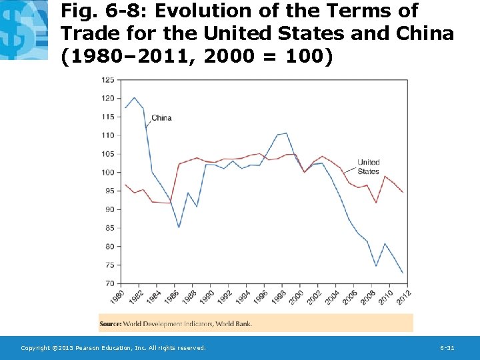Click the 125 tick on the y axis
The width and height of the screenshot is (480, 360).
[x=107, y=79]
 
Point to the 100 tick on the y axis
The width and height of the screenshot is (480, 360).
[x=107, y=172]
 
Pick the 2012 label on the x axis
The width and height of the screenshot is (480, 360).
[x=403, y=295]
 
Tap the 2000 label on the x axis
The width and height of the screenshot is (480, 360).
[x=297, y=295]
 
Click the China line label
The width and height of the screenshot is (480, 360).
[x=161, y=118]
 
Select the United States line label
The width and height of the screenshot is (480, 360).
[x=368, y=167]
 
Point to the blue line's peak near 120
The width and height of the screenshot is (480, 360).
[x=135, y=98]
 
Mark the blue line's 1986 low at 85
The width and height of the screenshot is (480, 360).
[x=179, y=227]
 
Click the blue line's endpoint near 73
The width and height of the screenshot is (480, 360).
[x=403, y=273]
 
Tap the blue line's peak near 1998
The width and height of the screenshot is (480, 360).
[x=286, y=133]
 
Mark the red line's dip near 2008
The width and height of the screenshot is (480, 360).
[x=377, y=203]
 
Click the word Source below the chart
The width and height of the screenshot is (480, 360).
[x=111, y=324]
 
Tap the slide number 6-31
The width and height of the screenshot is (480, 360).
[x=447, y=348]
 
